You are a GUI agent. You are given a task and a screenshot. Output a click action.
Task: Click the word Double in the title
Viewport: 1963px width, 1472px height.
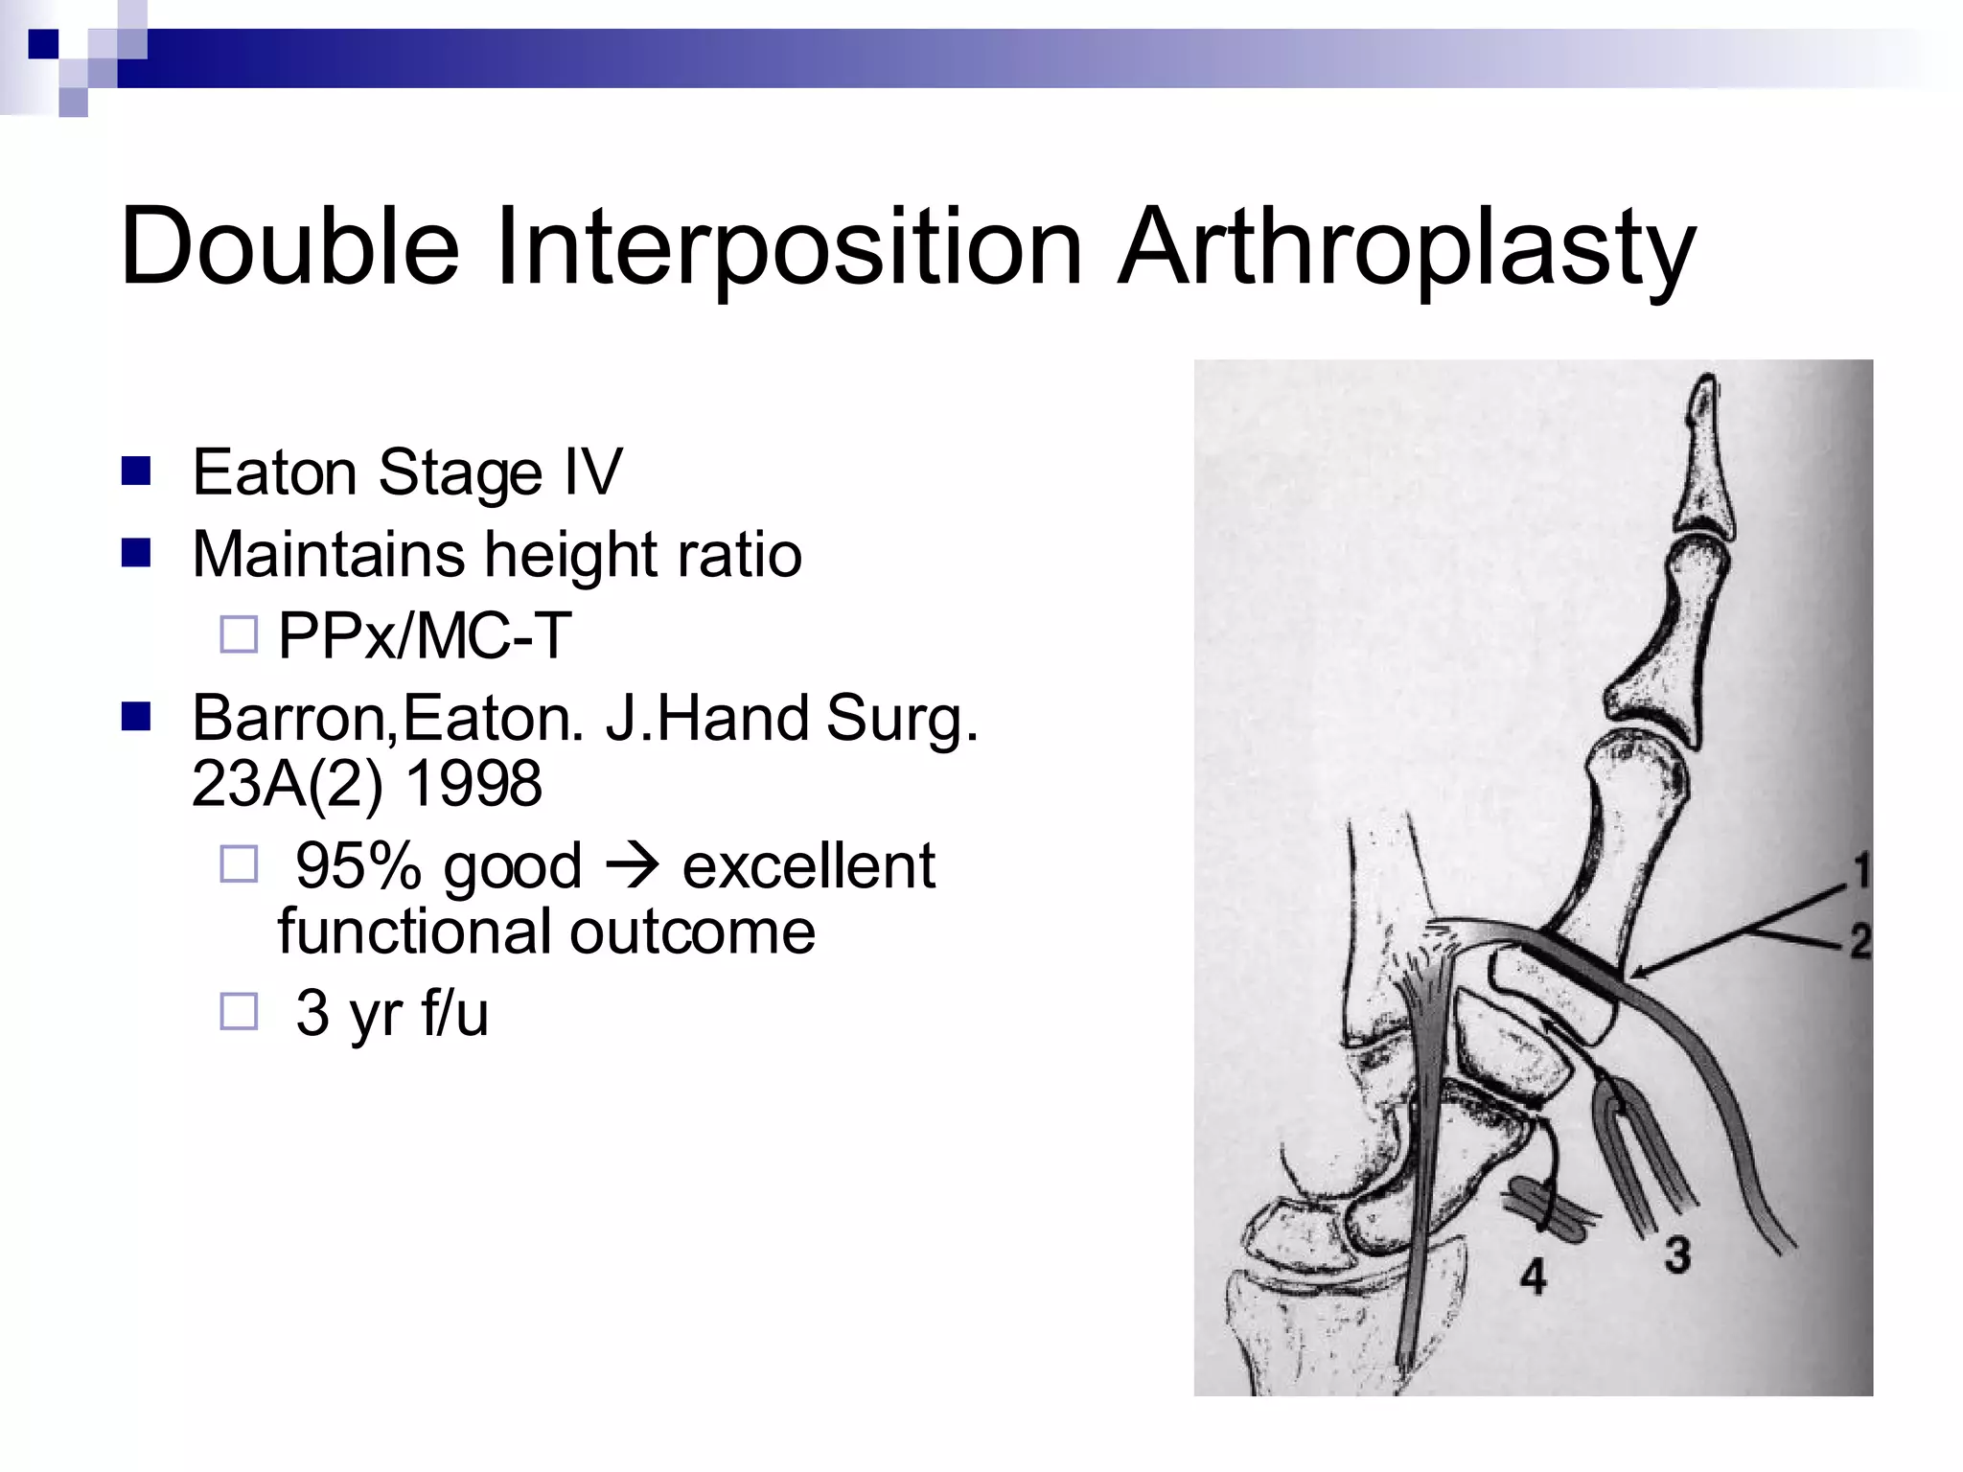[x=289, y=246]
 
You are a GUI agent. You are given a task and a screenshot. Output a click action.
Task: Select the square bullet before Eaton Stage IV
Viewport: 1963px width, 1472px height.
[x=136, y=471]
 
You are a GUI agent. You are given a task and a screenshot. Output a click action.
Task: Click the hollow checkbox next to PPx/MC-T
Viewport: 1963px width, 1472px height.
[x=239, y=634]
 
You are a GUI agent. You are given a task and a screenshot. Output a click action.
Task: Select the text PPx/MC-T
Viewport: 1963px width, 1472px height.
[x=425, y=635]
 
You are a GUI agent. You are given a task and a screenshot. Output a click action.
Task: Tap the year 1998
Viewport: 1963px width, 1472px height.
[x=473, y=784]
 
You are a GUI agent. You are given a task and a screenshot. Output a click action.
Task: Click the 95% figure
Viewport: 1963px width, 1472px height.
[x=358, y=865]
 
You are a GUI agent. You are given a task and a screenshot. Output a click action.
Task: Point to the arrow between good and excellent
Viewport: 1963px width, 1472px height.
[x=632, y=865]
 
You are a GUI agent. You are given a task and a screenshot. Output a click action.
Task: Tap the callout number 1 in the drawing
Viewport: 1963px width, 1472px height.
[x=1859, y=871]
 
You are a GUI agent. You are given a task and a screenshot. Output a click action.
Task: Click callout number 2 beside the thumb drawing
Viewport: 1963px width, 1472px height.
[x=1859, y=941]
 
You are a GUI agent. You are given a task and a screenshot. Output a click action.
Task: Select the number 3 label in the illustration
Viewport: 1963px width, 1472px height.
[x=1676, y=1254]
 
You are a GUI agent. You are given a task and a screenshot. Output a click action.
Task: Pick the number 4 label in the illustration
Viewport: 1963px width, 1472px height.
[x=1534, y=1276]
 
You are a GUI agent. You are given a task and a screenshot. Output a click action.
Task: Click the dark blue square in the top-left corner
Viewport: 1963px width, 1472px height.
[x=43, y=44]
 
